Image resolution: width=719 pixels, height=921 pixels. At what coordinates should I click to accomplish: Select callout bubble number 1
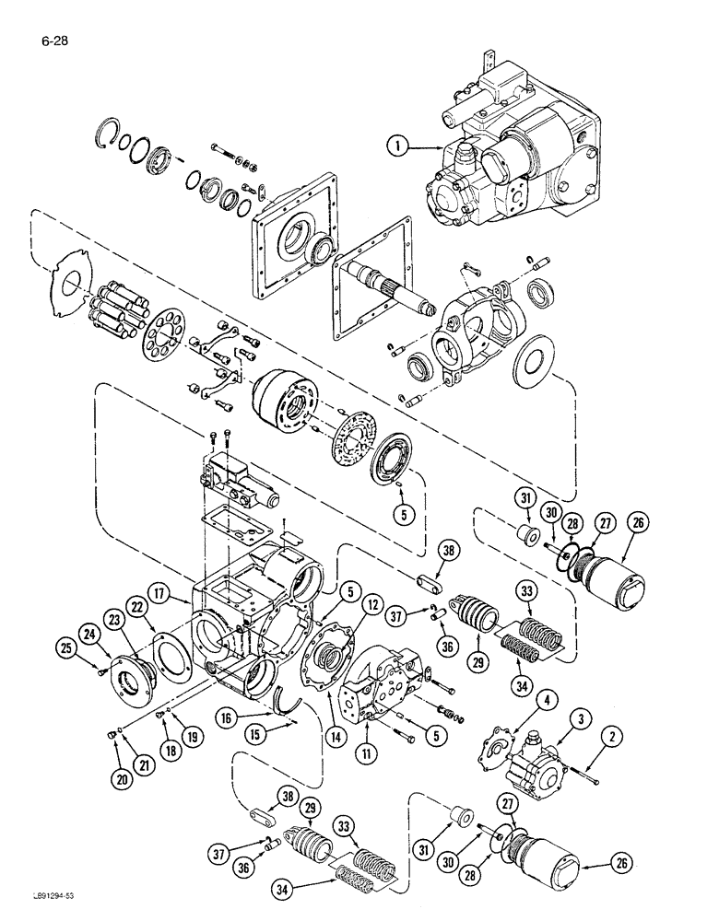tap(398, 145)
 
